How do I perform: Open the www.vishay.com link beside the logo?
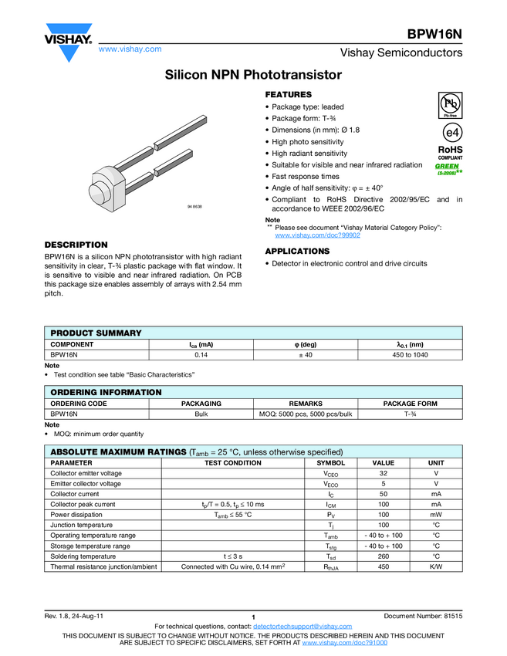pos(130,49)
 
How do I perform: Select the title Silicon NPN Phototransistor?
pos(253,76)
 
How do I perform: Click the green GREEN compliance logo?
pos(448,167)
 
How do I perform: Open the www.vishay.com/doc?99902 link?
pos(317,235)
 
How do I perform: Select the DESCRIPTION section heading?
pos(76,245)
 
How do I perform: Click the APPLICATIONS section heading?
pos(297,252)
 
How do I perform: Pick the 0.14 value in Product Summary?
pos(202,355)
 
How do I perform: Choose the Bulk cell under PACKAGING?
pos(201,414)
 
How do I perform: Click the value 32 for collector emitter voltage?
pos(383,473)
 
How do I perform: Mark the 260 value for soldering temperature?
pos(383,556)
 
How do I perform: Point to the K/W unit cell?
pos(435,566)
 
